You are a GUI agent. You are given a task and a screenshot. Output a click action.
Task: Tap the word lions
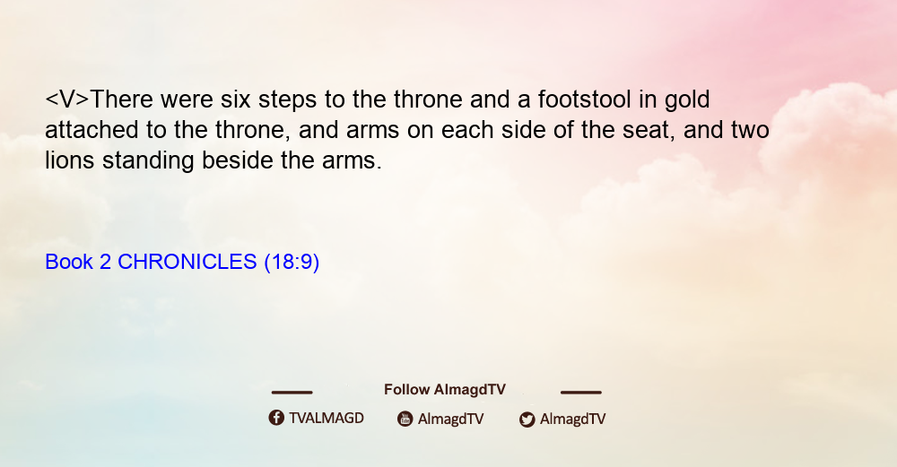pyautogui.click(x=70, y=160)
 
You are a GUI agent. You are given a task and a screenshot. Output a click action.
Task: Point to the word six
pyautogui.click(x=236, y=99)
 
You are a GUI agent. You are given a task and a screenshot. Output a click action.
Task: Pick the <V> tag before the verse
pyautogui.click(x=67, y=99)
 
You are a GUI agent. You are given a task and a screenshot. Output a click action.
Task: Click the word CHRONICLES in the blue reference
pyautogui.click(x=187, y=262)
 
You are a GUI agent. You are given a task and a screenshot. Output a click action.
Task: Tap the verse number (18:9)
pyautogui.click(x=292, y=263)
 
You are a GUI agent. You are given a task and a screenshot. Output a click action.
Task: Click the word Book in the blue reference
pyautogui.click(x=69, y=262)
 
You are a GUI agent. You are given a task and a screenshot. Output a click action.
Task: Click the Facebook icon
pyautogui.click(x=276, y=418)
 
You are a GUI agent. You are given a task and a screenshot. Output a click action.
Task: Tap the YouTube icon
pyautogui.click(x=405, y=419)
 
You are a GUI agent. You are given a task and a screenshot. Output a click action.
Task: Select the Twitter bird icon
pyautogui.click(x=527, y=419)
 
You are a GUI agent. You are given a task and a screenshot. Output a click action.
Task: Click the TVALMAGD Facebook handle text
pyautogui.click(x=327, y=418)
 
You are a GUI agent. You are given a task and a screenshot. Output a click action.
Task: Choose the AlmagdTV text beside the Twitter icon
pyautogui.click(x=572, y=419)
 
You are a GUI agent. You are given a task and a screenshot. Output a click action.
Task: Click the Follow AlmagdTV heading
pyautogui.click(x=445, y=389)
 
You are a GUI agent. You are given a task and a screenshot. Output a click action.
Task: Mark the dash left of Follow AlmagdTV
pyautogui.click(x=292, y=392)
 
